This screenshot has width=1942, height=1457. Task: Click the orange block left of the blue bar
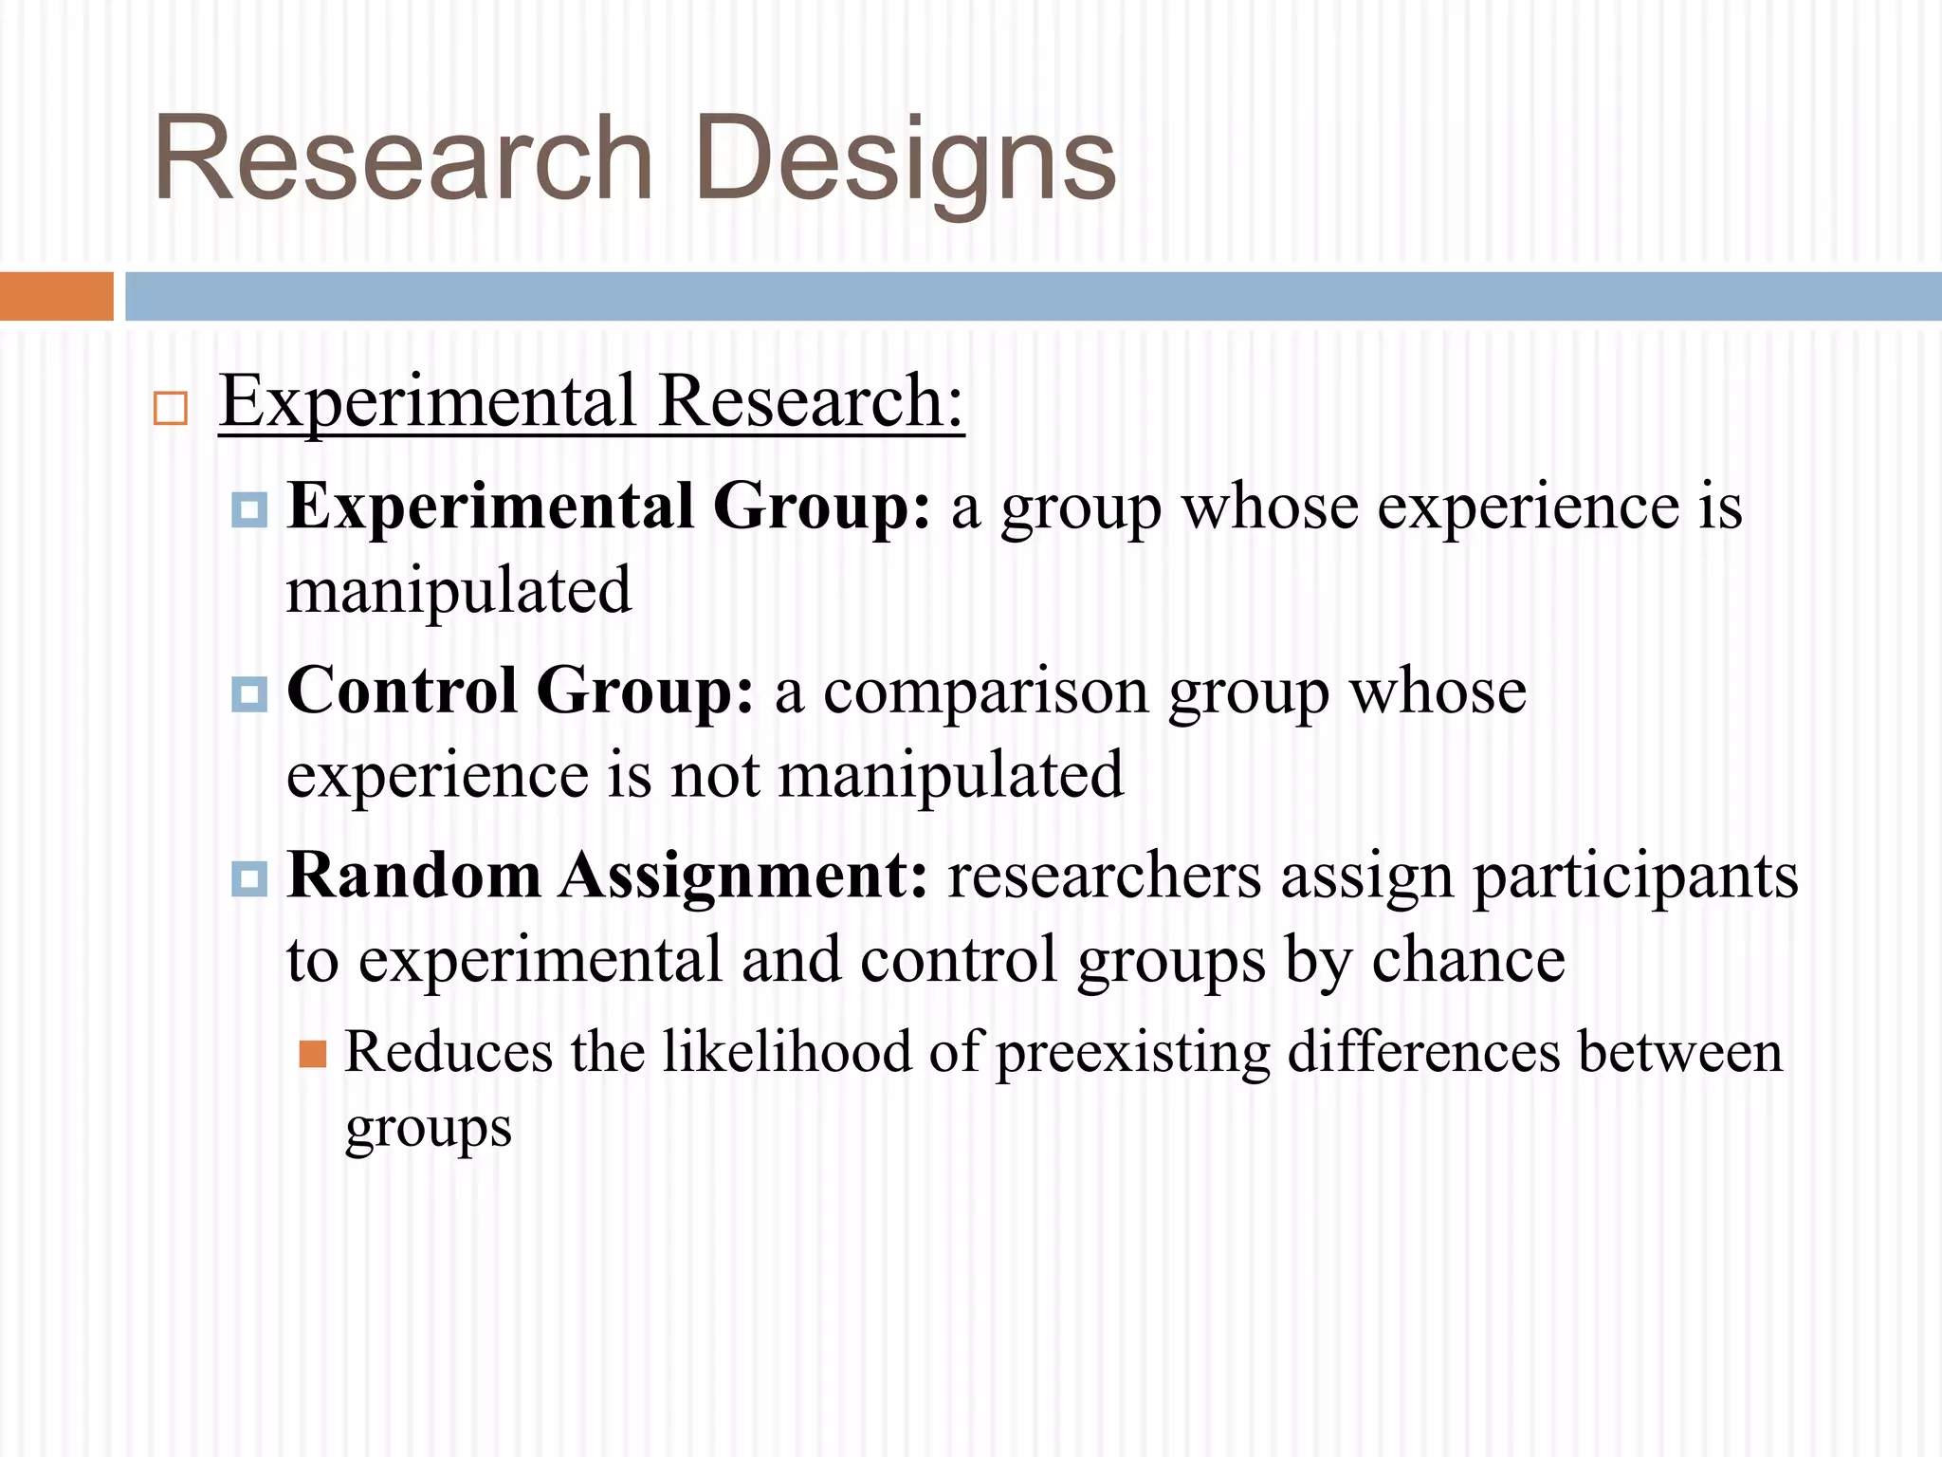(56, 296)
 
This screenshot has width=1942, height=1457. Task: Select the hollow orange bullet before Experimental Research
(171, 408)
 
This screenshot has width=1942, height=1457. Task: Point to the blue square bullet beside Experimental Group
(249, 510)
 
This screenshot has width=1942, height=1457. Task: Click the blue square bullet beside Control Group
(249, 694)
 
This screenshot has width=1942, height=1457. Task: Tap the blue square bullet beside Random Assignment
(249, 878)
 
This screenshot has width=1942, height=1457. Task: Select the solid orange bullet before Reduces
(312, 1054)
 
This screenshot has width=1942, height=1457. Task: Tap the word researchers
(1105, 876)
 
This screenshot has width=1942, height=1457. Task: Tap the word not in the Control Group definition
(715, 776)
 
